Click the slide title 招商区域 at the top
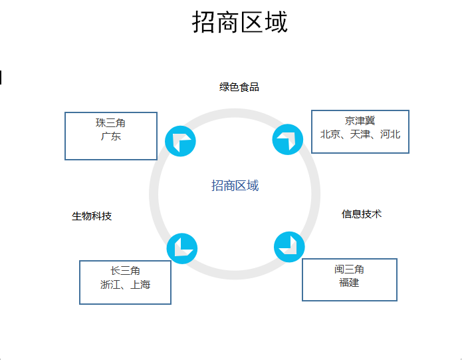pyautogui.click(x=239, y=23)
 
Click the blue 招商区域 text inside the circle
pyautogui.click(x=235, y=186)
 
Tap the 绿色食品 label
pyautogui.click(x=239, y=87)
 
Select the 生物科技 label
pyautogui.click(x=92, y=216)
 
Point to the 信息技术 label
pyautogui.click(x=362, y=214)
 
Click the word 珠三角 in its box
pyautogui.click(x=110, y=123)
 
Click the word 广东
pyautogui.click(x=110, y=136)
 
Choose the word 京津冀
pyautogui.click(x=360, y=121)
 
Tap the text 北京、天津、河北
pyautogui.click(x=360, y=134)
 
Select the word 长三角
pyautogui.click(x=125, y=271)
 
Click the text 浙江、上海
pyautogui.click(x=125, y=285)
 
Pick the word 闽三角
pyautogui.click(x=349, y=270)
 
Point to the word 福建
pyautogui.click(x=349, y=283)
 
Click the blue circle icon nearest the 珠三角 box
pyautogui.click(x=180, y=141)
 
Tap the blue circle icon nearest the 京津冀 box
pyautogui.click(x=289, y=140)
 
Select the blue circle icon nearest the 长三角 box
pyautogui.click(x=181, y=248)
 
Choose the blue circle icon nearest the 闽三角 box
pyautogui.click(x=289, y=246)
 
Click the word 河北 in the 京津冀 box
pyautogui.click(x=390, y=134)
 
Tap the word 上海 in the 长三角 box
pyautogui.click(x=140, y=285)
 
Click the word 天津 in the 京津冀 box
pyautogui.click(x=360, y=134)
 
